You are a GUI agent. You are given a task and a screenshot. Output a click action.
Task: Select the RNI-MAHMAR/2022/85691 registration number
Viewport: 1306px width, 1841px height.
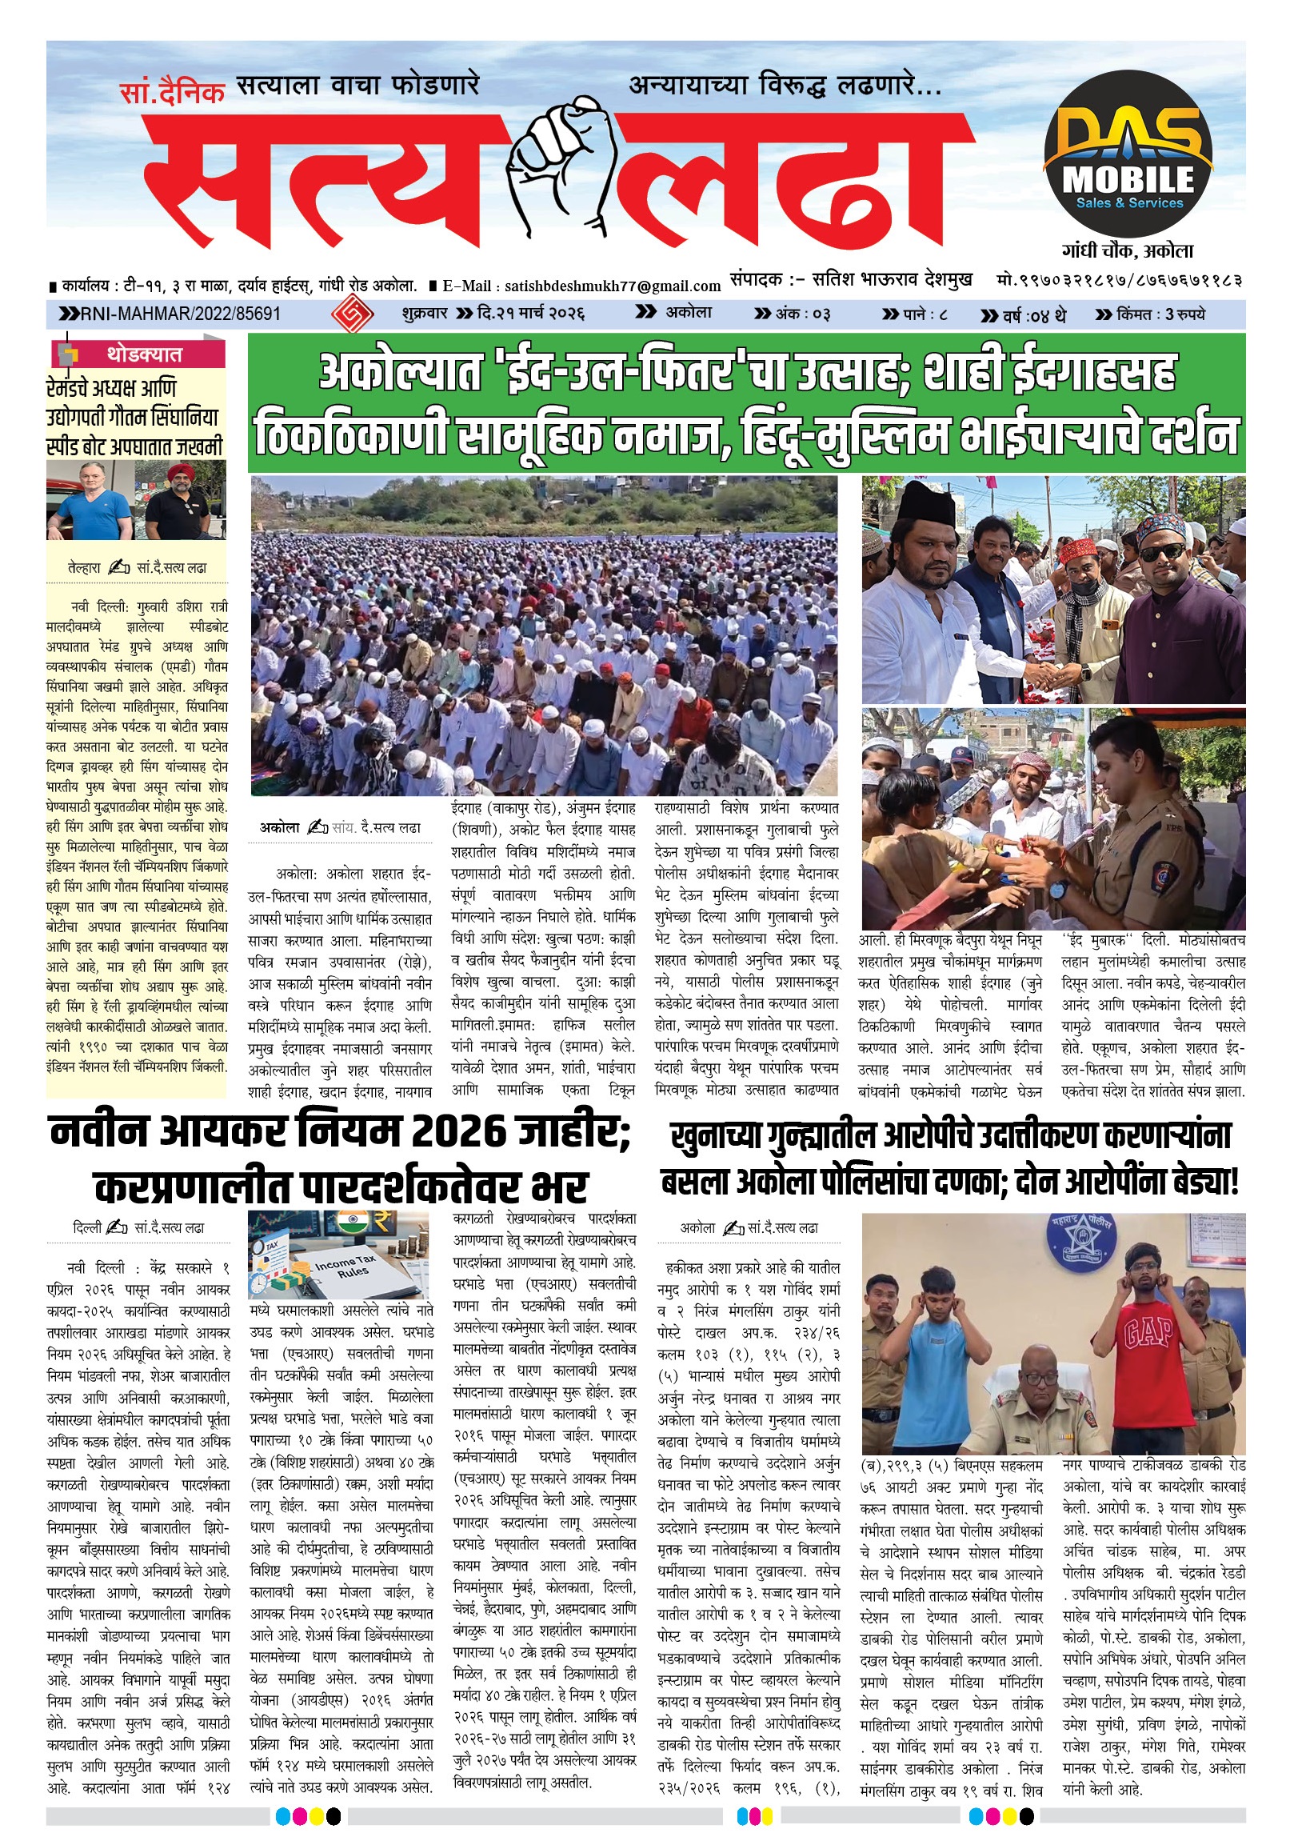tap(180, 314)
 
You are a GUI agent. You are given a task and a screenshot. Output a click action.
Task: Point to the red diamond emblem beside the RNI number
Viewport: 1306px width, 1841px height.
tap(348, 314)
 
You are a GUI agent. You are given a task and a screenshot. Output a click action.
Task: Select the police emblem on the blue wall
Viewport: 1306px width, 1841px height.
tap(1080, 1243)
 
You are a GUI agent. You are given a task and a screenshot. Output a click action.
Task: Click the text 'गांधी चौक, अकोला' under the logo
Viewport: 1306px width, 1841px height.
tap(1128, 250)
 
